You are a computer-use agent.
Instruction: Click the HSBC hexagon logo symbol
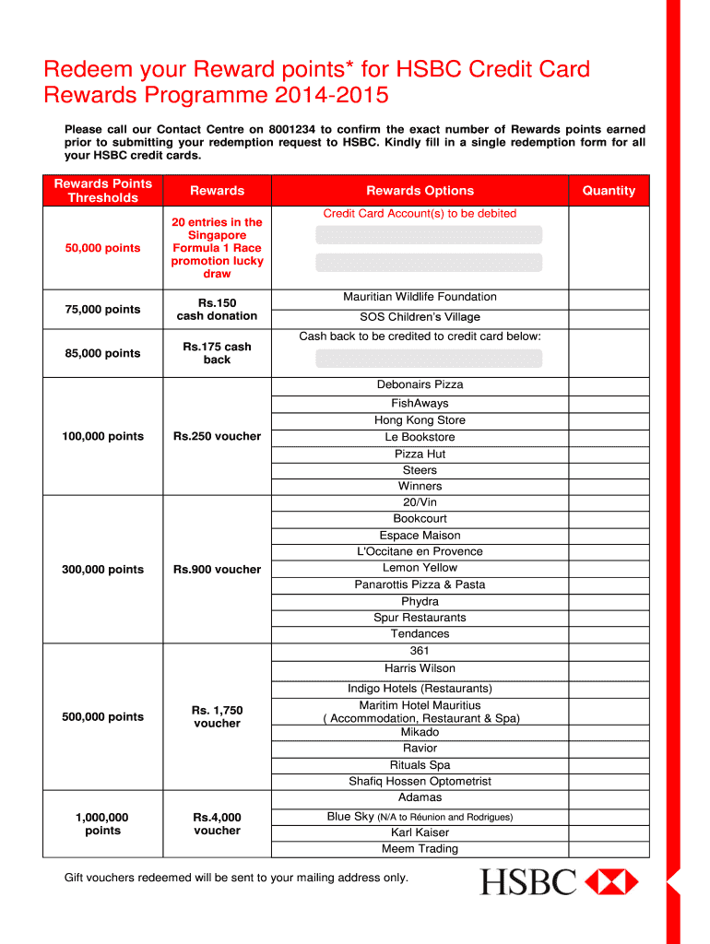611,881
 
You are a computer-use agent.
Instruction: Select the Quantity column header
609,191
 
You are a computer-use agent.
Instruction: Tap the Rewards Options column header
420,191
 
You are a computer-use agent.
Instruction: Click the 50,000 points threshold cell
102,248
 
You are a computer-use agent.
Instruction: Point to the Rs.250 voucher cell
217,436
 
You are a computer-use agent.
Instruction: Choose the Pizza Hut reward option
420,454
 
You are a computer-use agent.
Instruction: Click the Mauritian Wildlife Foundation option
420,297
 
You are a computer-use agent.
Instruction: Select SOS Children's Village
420,317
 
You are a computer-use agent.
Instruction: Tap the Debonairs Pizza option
420,384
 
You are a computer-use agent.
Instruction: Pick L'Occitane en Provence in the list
420,551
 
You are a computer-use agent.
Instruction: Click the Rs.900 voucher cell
217,570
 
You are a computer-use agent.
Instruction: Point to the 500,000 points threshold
102,717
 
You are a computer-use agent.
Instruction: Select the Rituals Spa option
420,765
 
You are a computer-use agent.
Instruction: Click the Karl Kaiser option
420,832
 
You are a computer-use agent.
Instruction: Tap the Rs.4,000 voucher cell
217,824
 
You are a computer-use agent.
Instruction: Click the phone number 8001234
292,130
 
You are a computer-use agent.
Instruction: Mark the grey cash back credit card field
428,358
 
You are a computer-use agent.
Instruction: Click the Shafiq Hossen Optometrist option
420,782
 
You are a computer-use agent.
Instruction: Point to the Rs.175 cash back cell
217,353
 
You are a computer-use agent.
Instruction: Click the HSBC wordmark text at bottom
528,882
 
